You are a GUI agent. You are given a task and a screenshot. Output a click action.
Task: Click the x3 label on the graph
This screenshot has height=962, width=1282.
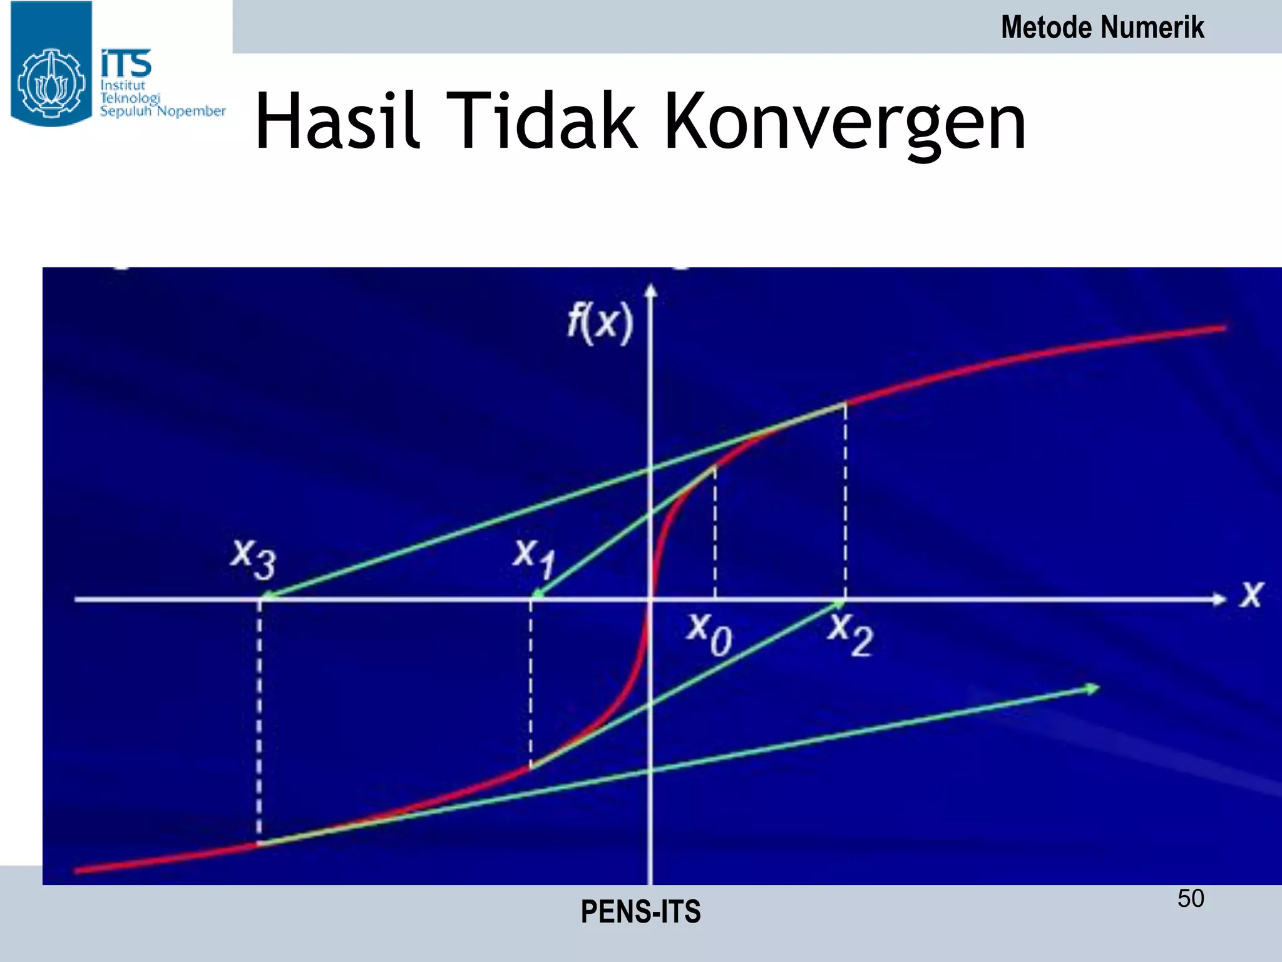click(x=254, y=559)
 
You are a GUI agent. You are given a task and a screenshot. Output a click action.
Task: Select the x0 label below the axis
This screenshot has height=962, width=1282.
click(x=709, y=634)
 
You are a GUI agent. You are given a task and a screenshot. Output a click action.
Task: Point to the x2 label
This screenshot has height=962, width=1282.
click(x=850, y=634)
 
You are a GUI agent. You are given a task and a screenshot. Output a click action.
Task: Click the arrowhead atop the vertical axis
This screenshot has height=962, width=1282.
click(x=651, y=290)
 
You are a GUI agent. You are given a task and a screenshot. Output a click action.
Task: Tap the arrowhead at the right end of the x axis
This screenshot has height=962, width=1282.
click(x=1218, y=599)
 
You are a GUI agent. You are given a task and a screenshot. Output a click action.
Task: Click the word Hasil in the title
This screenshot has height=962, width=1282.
click(x=337, y=122)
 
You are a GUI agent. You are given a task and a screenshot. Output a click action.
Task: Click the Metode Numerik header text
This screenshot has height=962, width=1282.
click(x=1102, y=28)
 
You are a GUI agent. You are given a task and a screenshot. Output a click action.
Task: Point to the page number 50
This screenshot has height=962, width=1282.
click(x=1191, y=899)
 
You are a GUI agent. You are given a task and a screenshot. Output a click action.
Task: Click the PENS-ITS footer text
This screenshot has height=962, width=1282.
click(x=640, y=912)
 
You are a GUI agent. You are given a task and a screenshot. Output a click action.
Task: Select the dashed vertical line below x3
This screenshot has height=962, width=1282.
click(x=259, y=720)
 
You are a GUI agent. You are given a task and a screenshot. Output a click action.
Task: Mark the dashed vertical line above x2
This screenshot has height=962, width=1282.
click(x=846, y=501)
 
